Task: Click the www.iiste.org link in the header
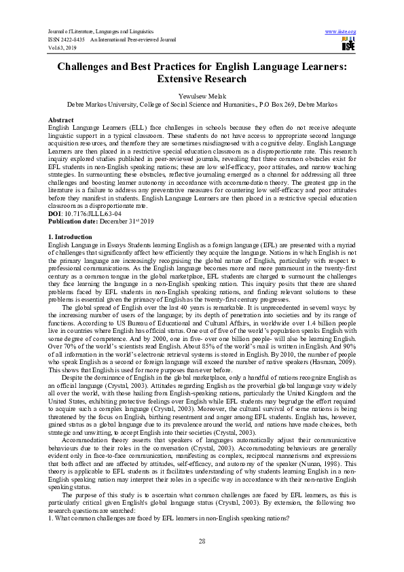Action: (341, 32)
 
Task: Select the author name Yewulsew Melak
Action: (202, 96)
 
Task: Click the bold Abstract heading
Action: (61, 119)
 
